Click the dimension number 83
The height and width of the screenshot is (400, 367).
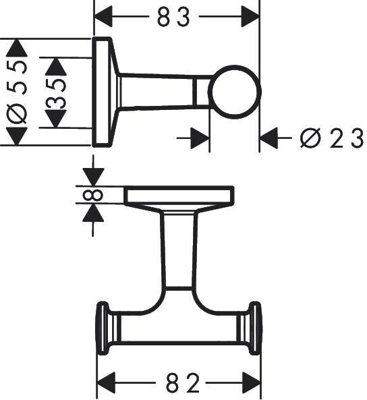coord(173,17)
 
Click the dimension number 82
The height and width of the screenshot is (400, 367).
coord(182,382)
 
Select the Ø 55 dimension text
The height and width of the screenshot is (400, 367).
coord(17,92)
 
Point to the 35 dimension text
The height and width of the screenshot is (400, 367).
coord(55,92)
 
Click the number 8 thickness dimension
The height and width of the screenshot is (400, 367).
coord(93,195)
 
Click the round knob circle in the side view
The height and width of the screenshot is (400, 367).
coord(234,92)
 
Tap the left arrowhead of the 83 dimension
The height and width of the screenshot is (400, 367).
coord(103,17)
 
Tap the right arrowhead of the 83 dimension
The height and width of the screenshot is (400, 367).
coord(250,17)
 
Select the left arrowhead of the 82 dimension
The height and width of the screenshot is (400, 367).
coord(107,382)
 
